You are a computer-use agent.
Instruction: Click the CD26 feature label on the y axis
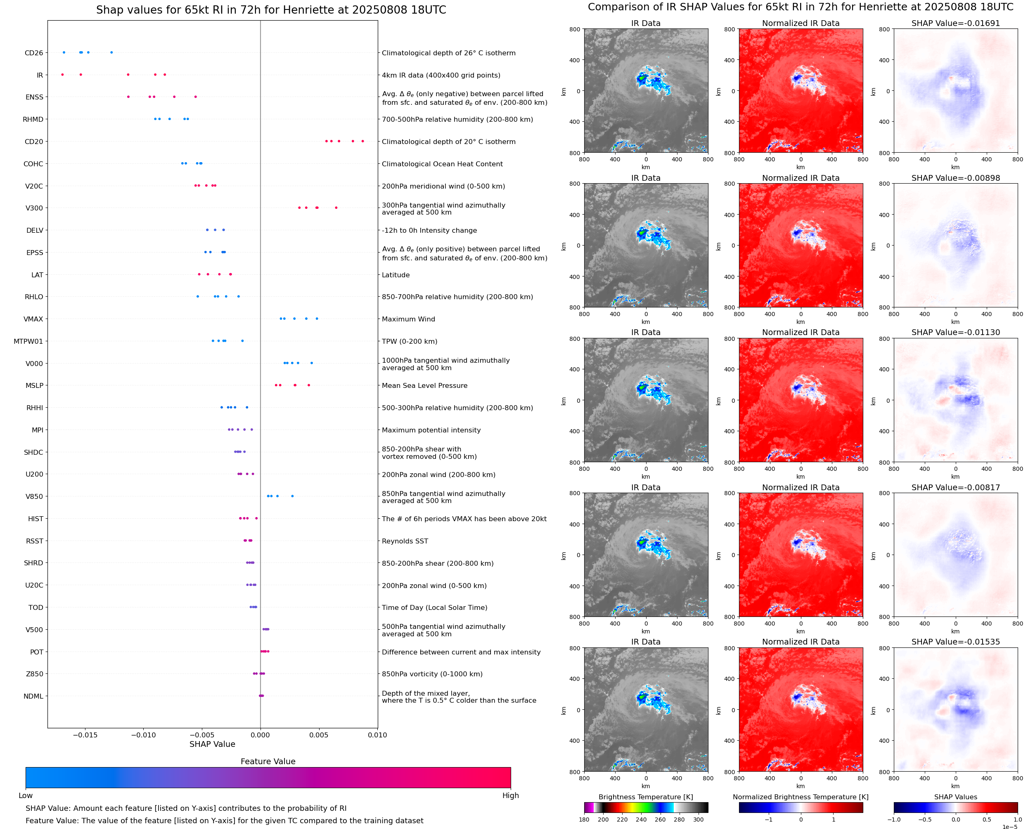pos(33,53)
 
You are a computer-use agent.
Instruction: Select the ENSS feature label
pos(34,97)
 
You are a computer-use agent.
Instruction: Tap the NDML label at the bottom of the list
pos(33,696)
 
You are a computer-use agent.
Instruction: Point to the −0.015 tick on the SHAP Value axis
pos(85,735)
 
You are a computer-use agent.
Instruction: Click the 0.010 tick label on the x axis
pos(377,735)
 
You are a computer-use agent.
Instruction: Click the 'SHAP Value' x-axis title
pos(212,744)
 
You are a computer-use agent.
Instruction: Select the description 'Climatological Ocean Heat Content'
pos(442,164)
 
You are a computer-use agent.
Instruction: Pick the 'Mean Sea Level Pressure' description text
pos(424,385)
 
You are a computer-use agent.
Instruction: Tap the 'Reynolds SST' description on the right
pos(405,541)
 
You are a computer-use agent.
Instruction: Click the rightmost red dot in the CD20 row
pos(362,142)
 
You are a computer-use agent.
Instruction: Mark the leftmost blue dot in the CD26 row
pos(64,52)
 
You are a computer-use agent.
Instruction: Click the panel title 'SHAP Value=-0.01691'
pos(955,23)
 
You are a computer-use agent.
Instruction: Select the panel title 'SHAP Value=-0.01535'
pos(955,642)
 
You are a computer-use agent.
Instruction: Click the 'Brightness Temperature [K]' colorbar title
pos(645,797)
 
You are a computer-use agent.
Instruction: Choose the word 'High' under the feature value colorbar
pos(510,796)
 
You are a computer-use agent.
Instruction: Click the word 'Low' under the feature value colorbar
pos(25,796)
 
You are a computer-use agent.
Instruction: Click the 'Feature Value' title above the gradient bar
pos(268,761)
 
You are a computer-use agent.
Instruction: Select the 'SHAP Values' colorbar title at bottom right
pos(955,797)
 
